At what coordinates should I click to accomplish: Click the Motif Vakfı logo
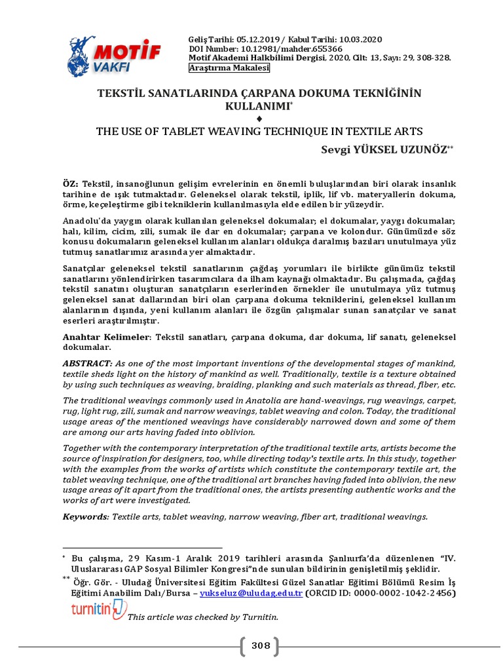tap(114, 55)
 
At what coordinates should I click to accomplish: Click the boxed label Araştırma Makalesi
tap(219, 68)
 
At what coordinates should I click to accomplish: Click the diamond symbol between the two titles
tap(259, 118)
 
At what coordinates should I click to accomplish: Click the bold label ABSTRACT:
tap(87, 363)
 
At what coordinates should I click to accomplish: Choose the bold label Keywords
tap(85, 516)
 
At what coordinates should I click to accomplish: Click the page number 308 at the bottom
tap(261, 646)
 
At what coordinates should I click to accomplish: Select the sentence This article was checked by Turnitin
tap(203, 617)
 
